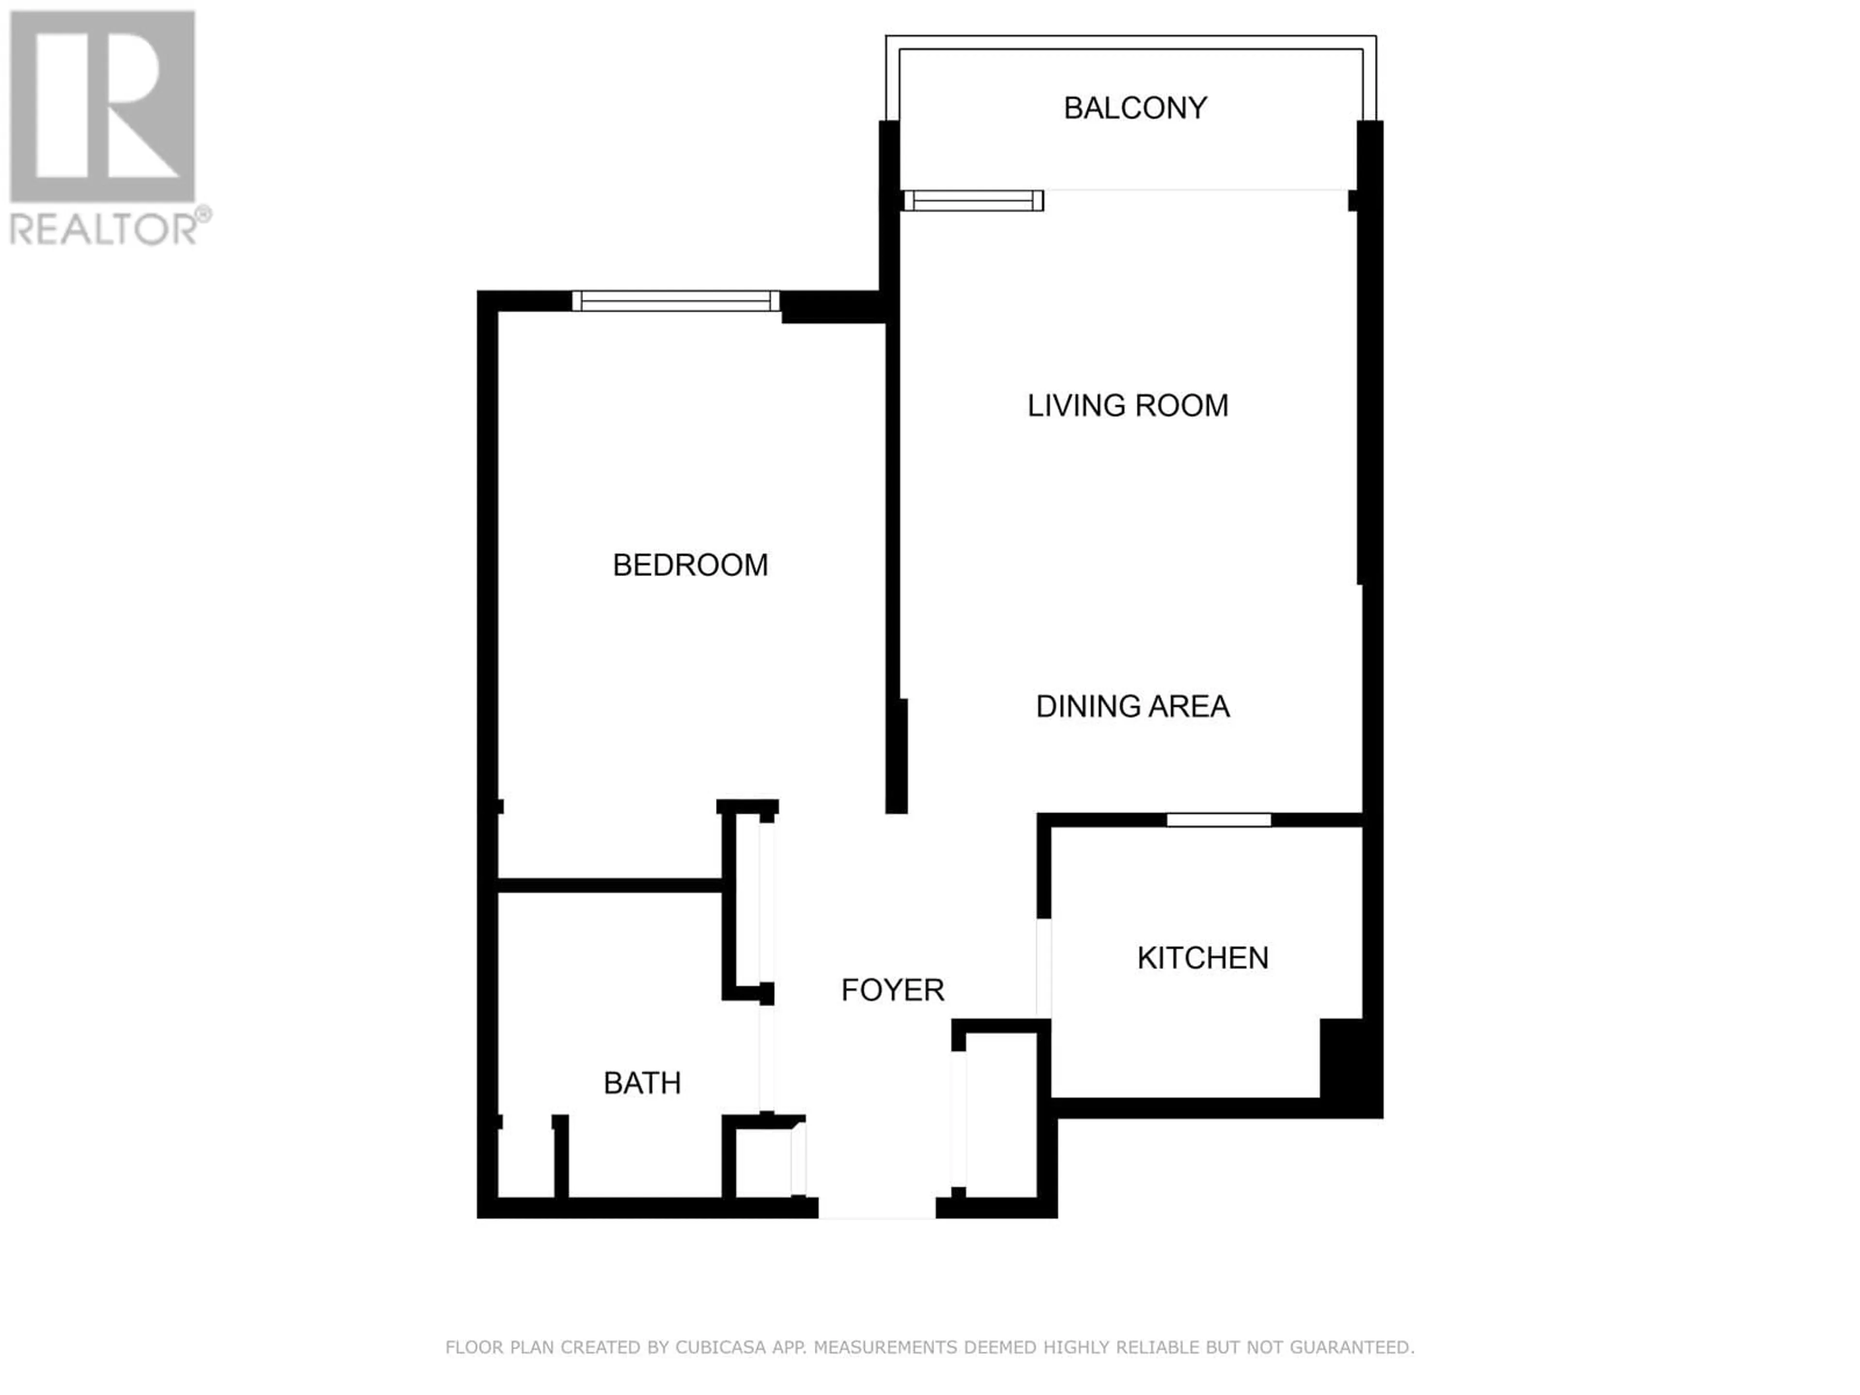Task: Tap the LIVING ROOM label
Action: coord(1128,405)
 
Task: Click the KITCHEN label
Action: coord(1202,958)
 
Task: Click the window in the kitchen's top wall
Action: coord(1218,820)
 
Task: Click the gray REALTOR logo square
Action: coord(103,107)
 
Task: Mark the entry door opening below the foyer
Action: coord(877,1208)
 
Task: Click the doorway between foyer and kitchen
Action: coord(1043,968)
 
